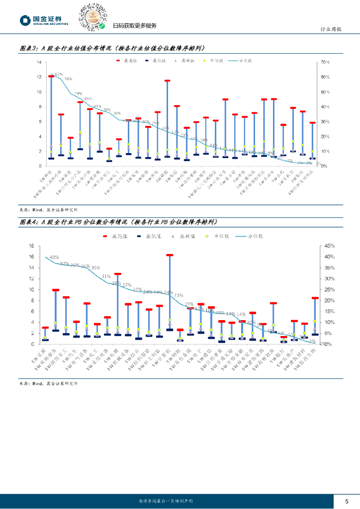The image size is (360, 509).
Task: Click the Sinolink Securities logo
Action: point(44,20)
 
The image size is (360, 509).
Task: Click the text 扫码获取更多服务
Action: point(134,26)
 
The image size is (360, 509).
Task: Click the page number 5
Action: point(347,500)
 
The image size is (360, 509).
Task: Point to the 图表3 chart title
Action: point(112,48)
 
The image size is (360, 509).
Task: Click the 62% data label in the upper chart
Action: point(58,74)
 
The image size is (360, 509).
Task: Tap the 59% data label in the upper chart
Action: point(68,79)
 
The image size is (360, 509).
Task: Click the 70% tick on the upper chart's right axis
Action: point(326,62)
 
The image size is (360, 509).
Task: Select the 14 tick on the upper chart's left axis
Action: point(38,62)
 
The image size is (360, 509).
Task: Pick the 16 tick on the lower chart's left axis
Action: point(30,246)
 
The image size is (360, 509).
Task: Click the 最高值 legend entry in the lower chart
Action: point(115,236)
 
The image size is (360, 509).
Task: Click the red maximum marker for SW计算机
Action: point(170,255)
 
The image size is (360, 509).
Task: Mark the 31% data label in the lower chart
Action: point(106,276)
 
